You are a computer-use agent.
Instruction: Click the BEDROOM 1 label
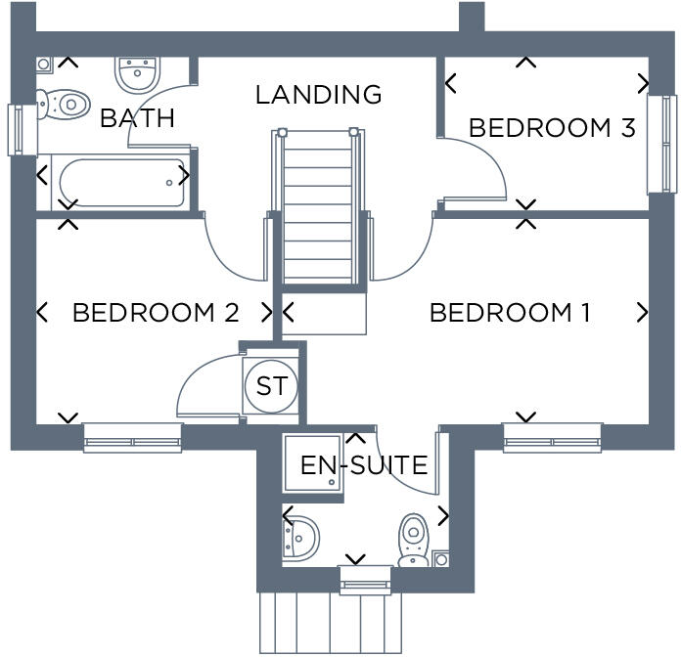510,313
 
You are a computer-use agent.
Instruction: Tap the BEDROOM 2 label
156,313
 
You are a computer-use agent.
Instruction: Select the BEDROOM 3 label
552,128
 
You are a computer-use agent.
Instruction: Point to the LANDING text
318,95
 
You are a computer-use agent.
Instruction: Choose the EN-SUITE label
364,465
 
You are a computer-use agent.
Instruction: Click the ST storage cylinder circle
271,386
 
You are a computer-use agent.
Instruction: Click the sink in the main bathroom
137,71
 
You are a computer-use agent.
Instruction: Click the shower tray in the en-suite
313,465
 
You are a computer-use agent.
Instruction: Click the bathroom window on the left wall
19,129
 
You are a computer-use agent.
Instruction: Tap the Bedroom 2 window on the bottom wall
132,438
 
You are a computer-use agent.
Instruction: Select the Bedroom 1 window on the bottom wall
552,438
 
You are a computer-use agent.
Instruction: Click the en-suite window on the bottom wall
365,581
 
